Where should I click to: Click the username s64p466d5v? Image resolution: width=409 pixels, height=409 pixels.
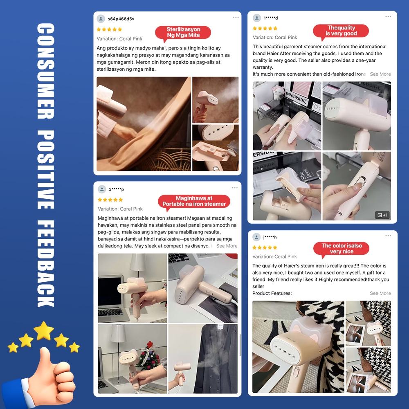tap(121, 19)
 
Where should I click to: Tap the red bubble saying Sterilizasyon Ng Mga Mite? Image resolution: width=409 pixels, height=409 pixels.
tap(183, 32)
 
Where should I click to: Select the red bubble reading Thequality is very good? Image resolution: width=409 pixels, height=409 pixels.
tap(341, 31)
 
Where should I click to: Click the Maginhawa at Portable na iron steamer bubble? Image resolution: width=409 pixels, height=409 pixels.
tap(194, 201)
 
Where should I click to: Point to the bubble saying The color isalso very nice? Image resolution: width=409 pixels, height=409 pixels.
tap(342, 249)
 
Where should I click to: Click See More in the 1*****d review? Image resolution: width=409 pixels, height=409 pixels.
tap(380, 74)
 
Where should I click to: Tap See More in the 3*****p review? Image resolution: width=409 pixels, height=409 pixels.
tap(227, 246)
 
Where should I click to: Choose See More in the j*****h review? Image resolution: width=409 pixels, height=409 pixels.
tap(380, 293)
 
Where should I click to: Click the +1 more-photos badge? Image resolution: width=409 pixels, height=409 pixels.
tap(382, 215)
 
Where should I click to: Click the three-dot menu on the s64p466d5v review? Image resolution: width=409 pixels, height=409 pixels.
tap(236, 17)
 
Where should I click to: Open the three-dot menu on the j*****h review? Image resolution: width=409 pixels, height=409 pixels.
tap(388, 236)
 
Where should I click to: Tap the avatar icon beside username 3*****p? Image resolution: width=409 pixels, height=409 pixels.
tap(102, 189)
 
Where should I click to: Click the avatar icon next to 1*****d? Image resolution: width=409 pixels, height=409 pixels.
tap(257, 18)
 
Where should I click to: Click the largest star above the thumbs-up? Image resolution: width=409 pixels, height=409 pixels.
tap(44, 330)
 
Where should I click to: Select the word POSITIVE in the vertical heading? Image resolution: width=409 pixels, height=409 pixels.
tap(46, 170)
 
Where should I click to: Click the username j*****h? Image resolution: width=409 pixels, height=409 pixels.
tap(270, 237)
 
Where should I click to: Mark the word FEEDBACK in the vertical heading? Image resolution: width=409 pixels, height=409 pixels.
tap(46, 263)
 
